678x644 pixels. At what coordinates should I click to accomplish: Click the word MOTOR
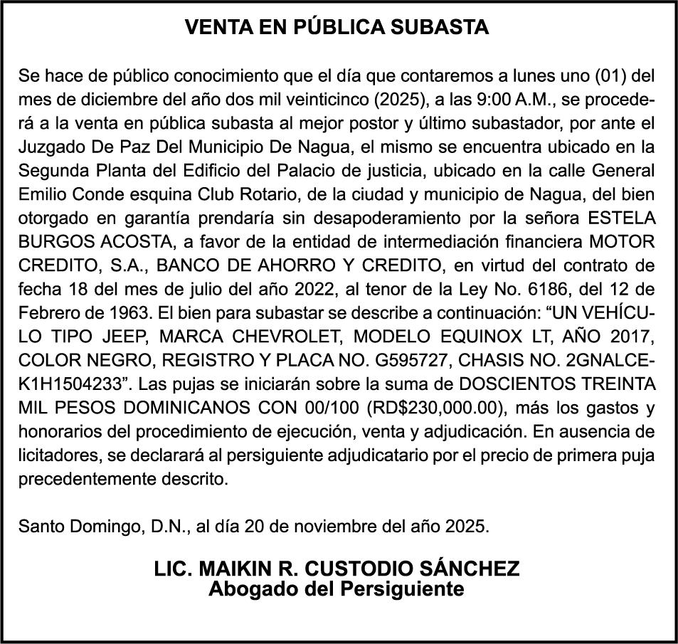tap(625, 241)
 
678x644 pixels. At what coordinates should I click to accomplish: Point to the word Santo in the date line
tap(43, 527)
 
